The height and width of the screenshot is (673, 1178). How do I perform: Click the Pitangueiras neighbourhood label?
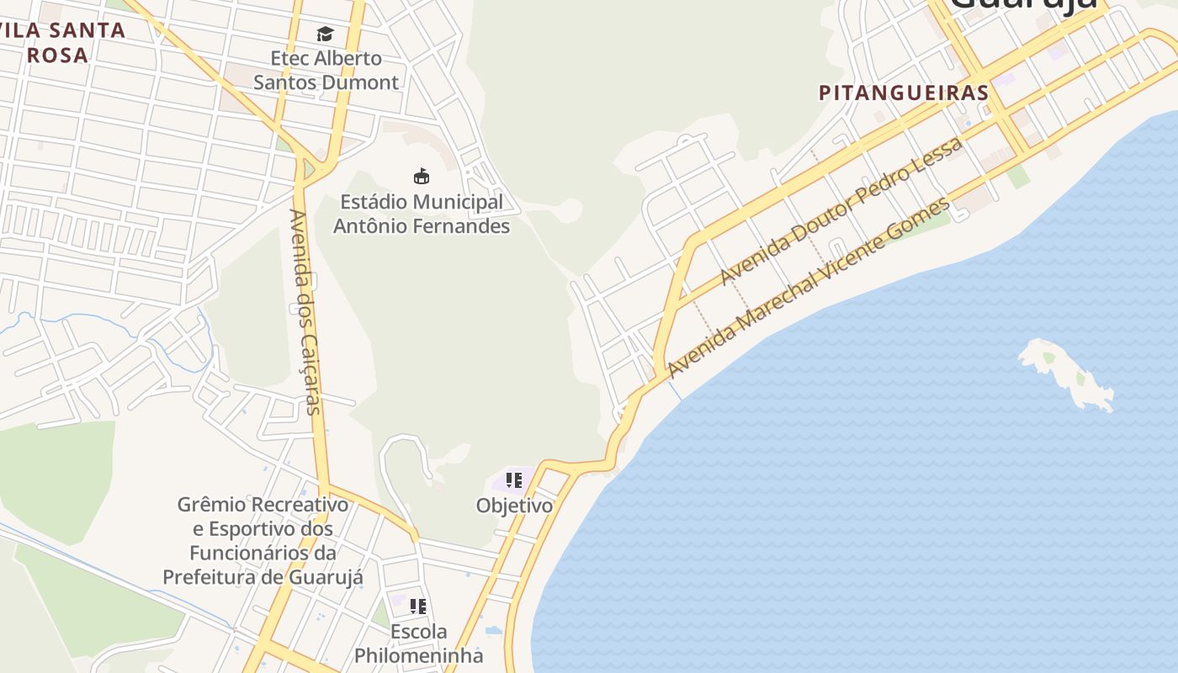click(903, 93)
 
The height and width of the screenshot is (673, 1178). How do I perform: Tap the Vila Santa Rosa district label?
click(62, 43)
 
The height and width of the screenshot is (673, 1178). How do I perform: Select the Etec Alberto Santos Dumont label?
click(326, 71)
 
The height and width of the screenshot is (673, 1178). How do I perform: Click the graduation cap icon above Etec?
click(325, 34)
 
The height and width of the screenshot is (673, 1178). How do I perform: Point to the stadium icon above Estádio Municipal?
click(422, 176)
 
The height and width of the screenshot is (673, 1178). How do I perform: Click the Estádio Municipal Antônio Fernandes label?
click(422, 214)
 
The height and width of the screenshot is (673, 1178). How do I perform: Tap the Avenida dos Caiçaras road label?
click(305, 311)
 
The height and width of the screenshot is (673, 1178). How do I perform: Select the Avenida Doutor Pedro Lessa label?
click(841, 211)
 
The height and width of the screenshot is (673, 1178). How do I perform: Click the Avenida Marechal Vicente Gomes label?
click(809, 287)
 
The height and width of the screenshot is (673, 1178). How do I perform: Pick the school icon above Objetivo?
click(513, 480)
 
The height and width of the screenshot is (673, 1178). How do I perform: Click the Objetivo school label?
click(514, 506)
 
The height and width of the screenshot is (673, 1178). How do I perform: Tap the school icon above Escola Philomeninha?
click(418, 606)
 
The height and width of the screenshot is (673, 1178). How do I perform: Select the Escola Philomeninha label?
click(418, 644)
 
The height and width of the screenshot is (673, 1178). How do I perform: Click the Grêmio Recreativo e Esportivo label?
click(263, 541)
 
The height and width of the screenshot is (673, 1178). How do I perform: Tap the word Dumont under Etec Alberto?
click(364, 82)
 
